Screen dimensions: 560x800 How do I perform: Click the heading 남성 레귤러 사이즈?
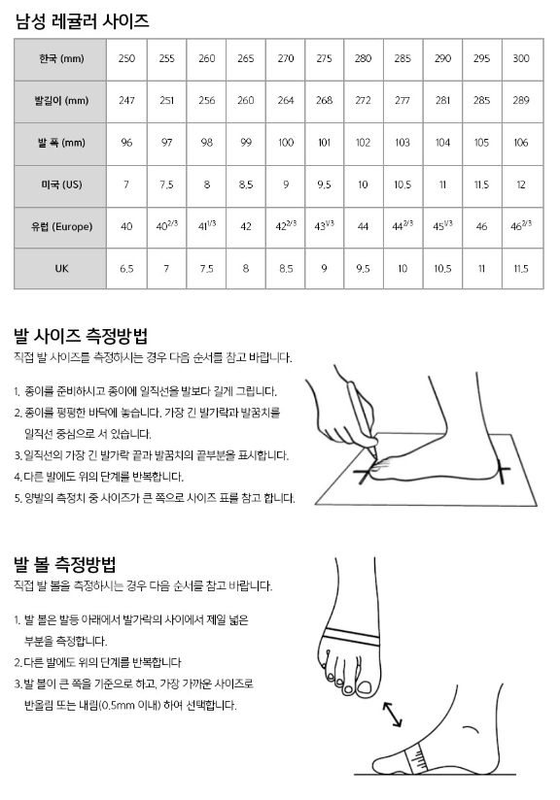point(83,21)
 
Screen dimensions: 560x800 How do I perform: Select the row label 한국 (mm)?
point(61,58)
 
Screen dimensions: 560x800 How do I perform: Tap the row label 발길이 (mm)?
point(61,101)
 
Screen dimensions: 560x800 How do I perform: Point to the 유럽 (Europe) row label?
point(61,226)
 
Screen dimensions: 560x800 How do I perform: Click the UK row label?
point(61,268)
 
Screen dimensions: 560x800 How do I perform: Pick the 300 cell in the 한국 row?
point(521,58)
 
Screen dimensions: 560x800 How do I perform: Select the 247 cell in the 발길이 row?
point(126,101)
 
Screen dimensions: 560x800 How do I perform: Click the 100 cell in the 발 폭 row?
point(286,143)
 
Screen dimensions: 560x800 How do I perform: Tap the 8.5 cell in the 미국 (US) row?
point(246,184)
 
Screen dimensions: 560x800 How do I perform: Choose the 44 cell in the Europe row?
point(363,226)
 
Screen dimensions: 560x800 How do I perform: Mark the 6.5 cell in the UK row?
point(126,268)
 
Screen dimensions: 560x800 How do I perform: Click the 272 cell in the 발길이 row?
point(363,101)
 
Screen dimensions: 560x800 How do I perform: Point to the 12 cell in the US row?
point(521,184)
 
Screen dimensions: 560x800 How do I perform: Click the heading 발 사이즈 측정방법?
point(81,336)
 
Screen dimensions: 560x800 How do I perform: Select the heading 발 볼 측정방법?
point(65,564)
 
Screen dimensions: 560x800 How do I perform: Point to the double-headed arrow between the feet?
point(393,714)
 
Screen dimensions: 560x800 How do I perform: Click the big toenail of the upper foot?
point(366,688)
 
